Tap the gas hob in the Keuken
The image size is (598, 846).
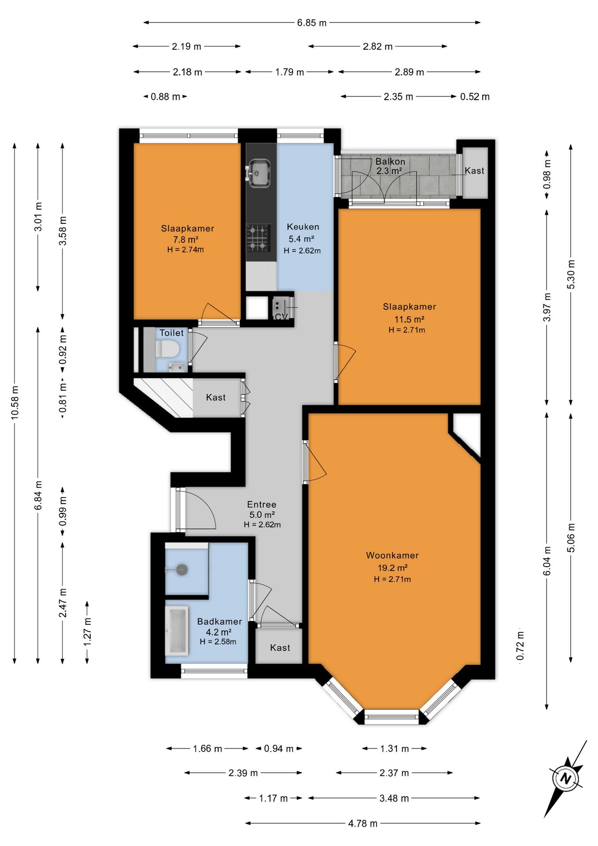(x=258, y=237)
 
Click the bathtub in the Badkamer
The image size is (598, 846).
(x=177, y=630)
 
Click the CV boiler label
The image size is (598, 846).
(x=281, y=317)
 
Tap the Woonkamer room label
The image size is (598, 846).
(x=392, y=555)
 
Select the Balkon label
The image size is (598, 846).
(x=390, y=161)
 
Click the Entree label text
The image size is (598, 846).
(x=262, y=505)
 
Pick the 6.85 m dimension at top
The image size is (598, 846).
(x=312, y=22)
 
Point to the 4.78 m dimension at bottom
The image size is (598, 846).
(x=363, y=823)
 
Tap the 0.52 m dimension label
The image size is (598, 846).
(x=475, y=96)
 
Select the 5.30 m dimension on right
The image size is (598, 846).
(x=571, y=274)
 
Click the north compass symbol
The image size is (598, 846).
(x=565, y=779)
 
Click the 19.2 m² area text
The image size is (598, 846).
(x=392, y=568)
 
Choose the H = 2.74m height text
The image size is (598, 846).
(x=185, y=250)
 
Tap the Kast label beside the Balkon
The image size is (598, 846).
(x=474, y=171)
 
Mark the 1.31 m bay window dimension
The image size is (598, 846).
(x=395, y=749)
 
